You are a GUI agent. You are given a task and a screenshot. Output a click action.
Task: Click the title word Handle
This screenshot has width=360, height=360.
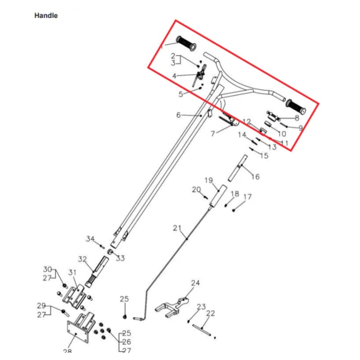point(46,16)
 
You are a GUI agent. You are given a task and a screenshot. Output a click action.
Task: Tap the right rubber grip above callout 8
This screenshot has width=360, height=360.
point(296,106)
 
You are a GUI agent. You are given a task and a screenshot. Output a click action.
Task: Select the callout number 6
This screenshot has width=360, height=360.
point(179,115)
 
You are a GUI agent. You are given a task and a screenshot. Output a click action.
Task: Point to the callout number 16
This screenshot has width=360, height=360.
point(255,177)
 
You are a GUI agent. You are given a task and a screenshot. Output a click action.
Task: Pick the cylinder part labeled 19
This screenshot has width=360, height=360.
point(217,198)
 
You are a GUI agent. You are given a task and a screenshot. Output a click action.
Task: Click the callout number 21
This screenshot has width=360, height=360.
point(177,228)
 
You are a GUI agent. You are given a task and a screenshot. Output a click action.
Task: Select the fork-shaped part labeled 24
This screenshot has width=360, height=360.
point(173,306)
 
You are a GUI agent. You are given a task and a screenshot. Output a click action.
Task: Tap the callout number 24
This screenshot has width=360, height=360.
point(195,283)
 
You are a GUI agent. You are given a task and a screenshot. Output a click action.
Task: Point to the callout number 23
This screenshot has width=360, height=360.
point(201,307)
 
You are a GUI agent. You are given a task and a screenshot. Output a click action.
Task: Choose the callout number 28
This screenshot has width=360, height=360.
point(67,351)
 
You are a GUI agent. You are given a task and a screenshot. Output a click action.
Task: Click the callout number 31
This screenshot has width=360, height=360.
point(72,272)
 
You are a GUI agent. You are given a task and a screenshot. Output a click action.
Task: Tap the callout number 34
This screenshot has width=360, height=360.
point(90,239)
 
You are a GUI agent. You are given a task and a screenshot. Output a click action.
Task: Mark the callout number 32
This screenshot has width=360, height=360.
point(82,259)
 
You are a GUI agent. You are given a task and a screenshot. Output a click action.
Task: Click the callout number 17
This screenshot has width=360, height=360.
point(247,197)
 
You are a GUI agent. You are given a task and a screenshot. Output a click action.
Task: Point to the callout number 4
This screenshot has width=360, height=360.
point(175,76)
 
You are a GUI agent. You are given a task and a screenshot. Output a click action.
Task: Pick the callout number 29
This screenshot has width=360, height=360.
point(41,306)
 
